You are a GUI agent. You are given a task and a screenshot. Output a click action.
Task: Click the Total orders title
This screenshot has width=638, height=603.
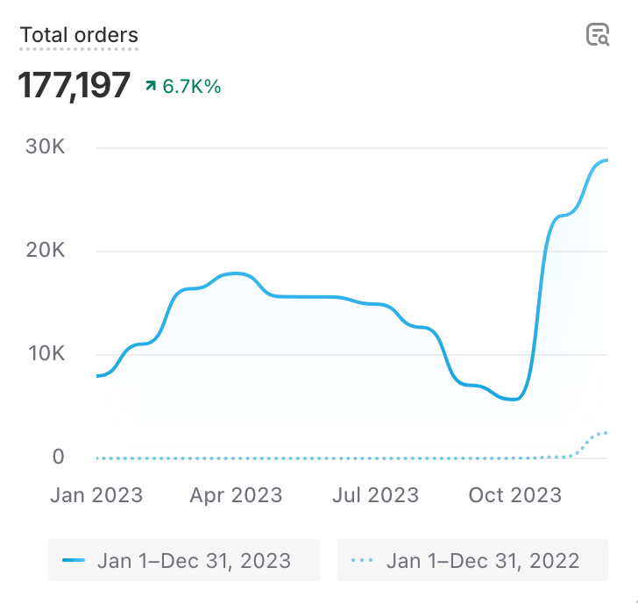(x=79, y=36)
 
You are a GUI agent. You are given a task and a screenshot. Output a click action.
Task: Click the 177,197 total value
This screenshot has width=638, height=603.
(x=74, y=86)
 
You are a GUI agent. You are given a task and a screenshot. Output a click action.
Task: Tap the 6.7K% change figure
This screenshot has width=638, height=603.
(x=192, y=87)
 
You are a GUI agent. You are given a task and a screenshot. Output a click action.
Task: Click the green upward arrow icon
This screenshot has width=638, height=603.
(x=151, y=86)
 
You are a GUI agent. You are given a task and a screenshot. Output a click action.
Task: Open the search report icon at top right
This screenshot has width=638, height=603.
(x=597, y=35)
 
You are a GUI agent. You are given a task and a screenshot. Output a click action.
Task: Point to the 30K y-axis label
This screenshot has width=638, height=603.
(x=45, y=147)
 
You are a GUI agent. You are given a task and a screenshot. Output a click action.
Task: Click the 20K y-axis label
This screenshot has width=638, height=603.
(x=45, y=252)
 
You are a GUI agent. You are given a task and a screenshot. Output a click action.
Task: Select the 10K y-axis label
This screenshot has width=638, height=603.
(x=45, y=354)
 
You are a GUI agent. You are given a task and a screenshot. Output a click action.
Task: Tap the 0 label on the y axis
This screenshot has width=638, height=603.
(x=59, y=457)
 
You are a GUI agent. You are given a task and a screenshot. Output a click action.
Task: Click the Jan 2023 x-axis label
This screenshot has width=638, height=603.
(x=96, y=495)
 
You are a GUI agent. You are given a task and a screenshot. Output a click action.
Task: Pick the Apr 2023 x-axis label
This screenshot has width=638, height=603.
(x=236, y=495)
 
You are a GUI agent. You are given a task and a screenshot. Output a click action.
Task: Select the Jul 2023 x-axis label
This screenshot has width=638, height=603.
(x=375, y=495)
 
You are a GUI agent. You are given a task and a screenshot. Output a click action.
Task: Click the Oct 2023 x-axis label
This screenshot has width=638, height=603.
(x=514, y=495)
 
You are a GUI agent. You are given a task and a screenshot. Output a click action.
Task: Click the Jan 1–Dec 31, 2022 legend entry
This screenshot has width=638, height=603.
(x=472, y=560)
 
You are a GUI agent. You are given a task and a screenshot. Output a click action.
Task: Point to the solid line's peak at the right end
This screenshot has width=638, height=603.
(x=605, y=160)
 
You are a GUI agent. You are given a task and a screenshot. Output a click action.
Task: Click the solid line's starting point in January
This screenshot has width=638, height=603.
(x=98, y=376)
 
